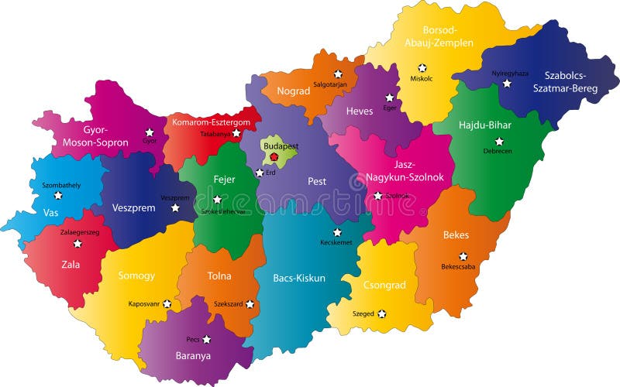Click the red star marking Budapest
pyautogui.click(x=274, y=157)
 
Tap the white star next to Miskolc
pyautogui.click(x=422, y=68)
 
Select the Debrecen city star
pyautogui.click(x=499, y=142)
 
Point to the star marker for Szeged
pyautogui.click(x=381, y=313)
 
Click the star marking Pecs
pyautogui.click(x=207, y=339)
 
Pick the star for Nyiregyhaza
pyautogui.click(x=509, y=85)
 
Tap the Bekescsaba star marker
pyautogui.click(x=463, y=256)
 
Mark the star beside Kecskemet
pyautogui.click(x=337, y=232)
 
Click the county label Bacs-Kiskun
pyautogui.click(x=299, y=277)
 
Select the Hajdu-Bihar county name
pyautogui.click(x=485, y=124)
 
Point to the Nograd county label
pyautogui.click(x=294, y=91)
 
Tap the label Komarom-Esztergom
pyautogui.click(x=211, y=122)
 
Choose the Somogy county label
pyautogui.click(x=136, y=276)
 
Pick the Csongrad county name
pyautogui.click(x=384, y=285)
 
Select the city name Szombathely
pyautogui.click(x=60, y=186)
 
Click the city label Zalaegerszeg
pyautogui.click(x=80, y=231)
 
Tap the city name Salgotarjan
pyautogui.click(x=330, y=84)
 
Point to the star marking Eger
pyautogui.click(x=390, y=98)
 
